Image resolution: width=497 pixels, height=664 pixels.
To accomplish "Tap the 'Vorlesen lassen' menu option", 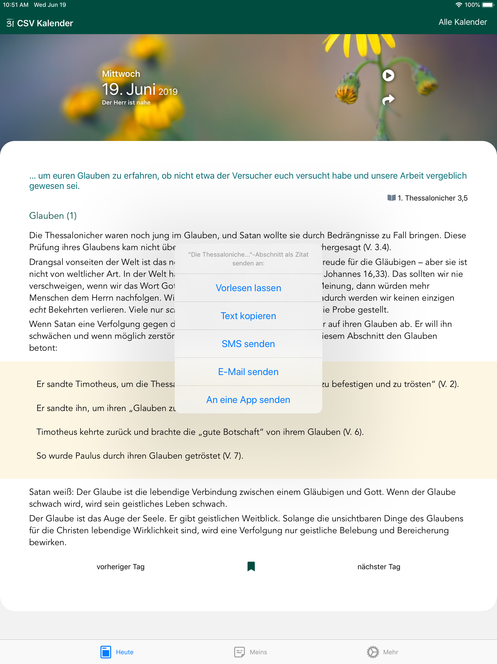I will point(248,288).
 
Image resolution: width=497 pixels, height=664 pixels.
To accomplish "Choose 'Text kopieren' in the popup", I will point(248,316).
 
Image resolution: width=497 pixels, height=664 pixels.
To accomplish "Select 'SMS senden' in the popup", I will point(248,344).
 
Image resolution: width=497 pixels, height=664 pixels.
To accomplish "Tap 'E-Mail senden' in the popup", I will point(248,372).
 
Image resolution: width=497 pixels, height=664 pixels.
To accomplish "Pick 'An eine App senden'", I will point(248,400).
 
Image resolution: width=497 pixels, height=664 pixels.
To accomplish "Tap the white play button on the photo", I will point(388,75).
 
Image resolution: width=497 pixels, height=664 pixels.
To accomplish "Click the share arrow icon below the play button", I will point(388,99).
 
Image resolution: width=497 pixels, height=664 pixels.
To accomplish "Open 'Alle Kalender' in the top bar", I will point(463,22).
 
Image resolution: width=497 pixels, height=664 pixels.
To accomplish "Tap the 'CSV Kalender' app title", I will point(45,23).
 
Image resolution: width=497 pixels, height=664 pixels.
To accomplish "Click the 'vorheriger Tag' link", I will point(121,567).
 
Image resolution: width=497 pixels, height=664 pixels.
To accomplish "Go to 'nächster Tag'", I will point(379,567).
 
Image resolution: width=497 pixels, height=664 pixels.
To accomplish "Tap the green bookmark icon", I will point(251,567).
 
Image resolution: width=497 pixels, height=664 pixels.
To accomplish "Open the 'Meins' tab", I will point(251,652).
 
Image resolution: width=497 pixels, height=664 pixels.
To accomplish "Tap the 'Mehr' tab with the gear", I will point(382,652).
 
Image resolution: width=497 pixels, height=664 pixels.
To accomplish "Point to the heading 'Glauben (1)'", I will point(53,216).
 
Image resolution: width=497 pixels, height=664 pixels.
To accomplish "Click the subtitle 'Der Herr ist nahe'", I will point(126,102).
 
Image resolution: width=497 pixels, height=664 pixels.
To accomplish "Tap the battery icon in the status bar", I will point(487,5).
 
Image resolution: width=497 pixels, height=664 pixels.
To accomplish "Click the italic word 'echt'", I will point(37,309).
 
